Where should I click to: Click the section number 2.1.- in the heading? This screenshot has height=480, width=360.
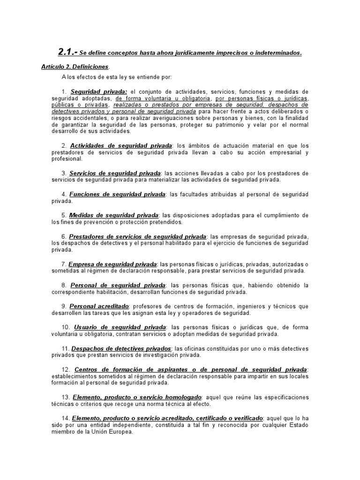coord(67,52)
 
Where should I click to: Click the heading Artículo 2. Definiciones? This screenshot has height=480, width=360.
coord(75,67)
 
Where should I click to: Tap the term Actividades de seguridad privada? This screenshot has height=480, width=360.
coord(121,145)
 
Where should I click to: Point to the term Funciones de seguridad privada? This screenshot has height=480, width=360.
coord(117,194)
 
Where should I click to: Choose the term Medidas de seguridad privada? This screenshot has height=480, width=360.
coord(114,215)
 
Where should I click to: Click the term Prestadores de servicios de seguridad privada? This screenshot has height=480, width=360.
coord(137,236)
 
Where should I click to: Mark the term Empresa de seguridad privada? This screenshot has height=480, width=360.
coord(112,264)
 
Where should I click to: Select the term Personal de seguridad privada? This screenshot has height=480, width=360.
coord(118,285)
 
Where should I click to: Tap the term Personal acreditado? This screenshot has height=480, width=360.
coord(95,306)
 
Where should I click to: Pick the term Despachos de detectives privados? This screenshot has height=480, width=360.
coord(121,349)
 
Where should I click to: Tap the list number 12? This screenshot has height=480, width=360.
coord(66,370)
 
